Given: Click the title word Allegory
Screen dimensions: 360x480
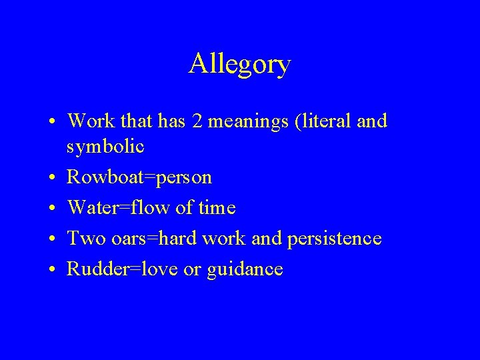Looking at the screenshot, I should [239, 64].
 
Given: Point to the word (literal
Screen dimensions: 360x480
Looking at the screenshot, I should [312, 121].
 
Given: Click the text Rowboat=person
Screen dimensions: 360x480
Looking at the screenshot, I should [140, 178].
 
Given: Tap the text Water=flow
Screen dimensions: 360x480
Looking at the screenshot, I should [133, 208].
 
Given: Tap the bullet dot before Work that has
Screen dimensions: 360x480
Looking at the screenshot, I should [51, 122].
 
